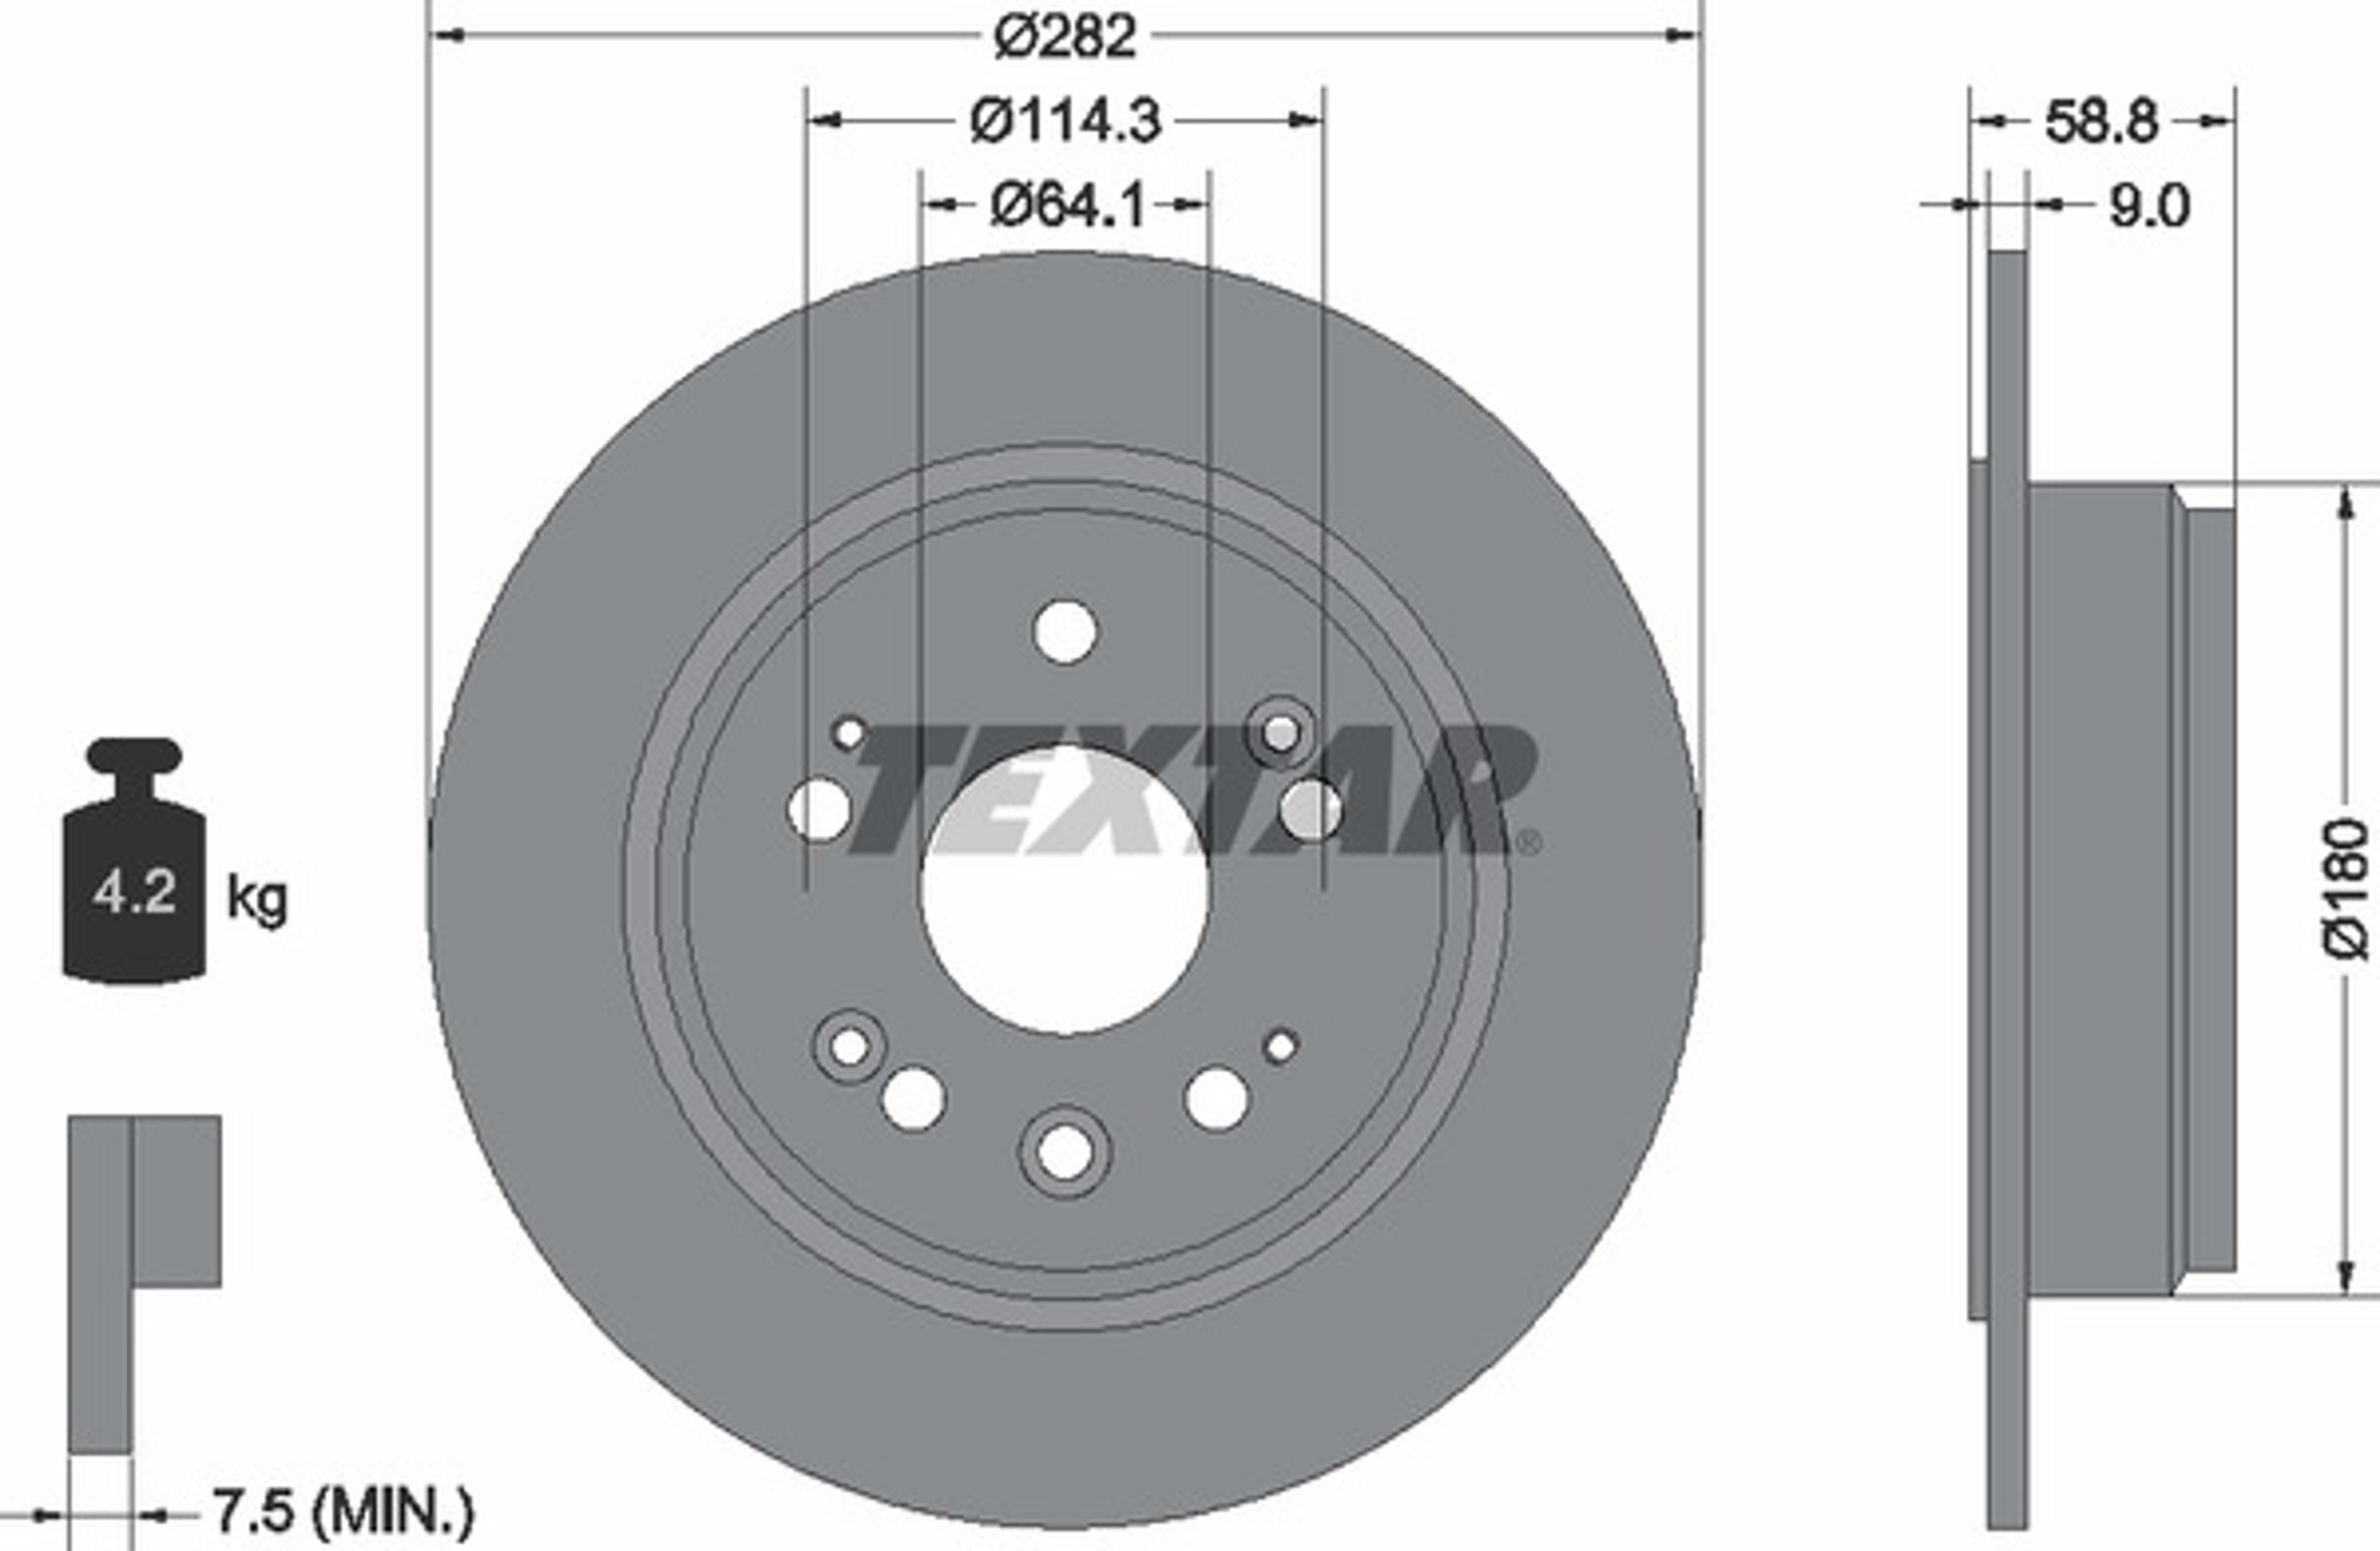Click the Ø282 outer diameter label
pyautogui.click(x=1065, y=37)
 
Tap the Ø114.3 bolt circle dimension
pyautogui.click(x=1066, y=121)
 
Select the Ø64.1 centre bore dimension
pyautogui.click(x=1066, y=206)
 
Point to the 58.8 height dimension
pyautogui.click(x=2101, y=122)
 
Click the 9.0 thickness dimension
pyautogui.click(x=2149, y=206)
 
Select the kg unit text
pyautogui.click(x=257, y=899)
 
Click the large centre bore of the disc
pyautogui.click(x=1065, y=890)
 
